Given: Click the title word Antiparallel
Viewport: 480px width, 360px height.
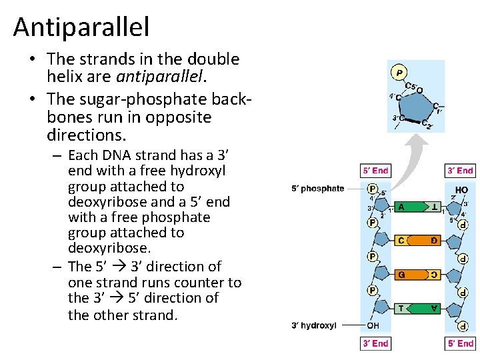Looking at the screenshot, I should pos(81,27).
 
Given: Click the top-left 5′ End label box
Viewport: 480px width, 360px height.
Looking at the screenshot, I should pos(375,171).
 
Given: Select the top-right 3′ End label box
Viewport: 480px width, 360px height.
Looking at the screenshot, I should pos(460,171).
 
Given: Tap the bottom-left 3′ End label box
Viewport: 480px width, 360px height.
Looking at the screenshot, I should pos(375,343).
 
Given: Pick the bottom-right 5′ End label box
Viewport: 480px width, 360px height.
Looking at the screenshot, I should pos(460,343).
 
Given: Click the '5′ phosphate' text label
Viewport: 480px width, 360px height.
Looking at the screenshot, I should pos(318,189).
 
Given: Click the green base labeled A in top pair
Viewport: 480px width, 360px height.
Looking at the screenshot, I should pos(404,207).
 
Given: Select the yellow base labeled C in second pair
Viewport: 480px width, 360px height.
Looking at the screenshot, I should pos(403,240).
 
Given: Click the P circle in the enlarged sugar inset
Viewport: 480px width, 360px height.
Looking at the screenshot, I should pos(399,73).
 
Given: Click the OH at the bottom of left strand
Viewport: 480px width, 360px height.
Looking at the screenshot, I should pos(373,326).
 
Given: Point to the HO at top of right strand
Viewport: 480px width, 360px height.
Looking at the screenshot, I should pos(461,189).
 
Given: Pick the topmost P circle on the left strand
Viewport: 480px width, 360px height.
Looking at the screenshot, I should pos(373,189).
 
